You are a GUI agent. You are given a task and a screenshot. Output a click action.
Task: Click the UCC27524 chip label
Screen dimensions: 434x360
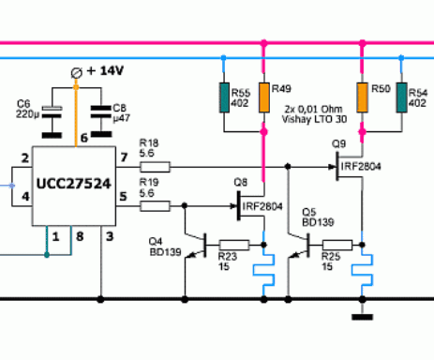click(x=74, y=184)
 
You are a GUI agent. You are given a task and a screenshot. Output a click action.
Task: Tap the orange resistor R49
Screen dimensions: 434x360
click(x=264, y=97)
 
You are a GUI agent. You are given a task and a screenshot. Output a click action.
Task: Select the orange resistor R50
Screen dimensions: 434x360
click(x=362, y=97)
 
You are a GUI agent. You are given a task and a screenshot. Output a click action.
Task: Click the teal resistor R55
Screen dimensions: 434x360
click(x=224, y=97)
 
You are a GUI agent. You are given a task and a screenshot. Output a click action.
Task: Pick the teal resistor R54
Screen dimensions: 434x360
click(x=401, y=97)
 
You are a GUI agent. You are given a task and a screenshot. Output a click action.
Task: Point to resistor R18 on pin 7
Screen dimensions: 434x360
click(x=155, y=167)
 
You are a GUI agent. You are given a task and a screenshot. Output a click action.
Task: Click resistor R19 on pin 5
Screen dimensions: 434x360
click(x=155, y=206)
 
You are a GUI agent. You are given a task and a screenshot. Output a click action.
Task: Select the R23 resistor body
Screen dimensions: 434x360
click(x=234, y=245)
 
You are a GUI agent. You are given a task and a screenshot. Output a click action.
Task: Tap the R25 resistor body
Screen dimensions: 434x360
click(x=337, y=245)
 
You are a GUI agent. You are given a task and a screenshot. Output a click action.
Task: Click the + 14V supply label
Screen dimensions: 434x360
click(x=105, y=71)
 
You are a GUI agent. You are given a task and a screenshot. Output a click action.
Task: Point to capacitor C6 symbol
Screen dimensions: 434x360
click(x=52, y=112)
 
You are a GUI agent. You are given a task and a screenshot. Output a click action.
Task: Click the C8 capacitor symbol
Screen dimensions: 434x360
click(x=101, y=112)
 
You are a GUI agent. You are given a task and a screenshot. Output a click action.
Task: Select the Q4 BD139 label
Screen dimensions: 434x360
click(x=165, y=247)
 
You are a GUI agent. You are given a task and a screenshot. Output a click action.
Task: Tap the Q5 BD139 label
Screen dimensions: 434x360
click(x=318, y=217)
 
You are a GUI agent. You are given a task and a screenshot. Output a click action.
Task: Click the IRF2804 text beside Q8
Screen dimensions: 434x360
click(x=262, y=206)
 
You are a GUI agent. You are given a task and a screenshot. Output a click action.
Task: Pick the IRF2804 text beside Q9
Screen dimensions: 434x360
click(x=361, y=166)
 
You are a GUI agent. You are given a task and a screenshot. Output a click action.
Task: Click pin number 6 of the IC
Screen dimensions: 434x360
click(x=84, y=138)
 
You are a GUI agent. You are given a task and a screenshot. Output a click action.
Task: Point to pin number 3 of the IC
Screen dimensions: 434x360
click(x=110, y=236)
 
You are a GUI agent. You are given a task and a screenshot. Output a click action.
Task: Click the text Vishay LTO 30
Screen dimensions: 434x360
click(x=314, y=119)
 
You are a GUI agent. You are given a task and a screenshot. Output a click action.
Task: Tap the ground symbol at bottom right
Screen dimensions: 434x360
click(x=362, y=317)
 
